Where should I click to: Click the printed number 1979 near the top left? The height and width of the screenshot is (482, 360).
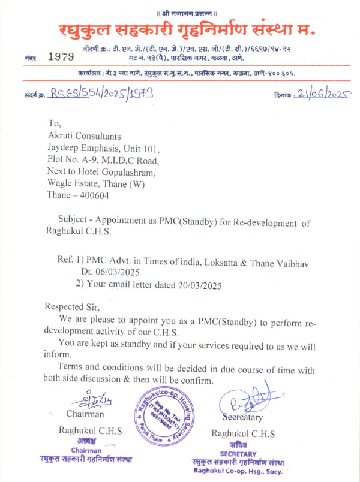(61, 56)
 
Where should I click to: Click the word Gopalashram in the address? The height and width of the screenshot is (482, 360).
(127, 172)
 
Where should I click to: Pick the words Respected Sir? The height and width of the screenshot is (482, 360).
(71, 306)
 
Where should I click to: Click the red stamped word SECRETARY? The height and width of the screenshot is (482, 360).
(238, 454)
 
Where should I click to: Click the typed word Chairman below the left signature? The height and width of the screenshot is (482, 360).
(85, 414)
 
